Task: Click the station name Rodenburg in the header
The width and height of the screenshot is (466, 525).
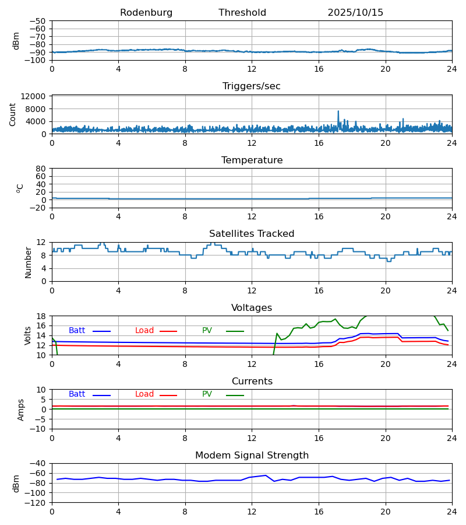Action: click(146, 13)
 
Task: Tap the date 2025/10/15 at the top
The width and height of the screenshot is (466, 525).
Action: click(355, 13)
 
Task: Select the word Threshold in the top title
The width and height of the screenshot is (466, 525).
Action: click(242, 13)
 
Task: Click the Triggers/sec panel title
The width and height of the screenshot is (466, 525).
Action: click(252, 86)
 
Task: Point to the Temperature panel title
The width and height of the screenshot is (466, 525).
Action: click(252, 160)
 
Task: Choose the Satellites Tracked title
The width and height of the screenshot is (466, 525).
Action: click(252, 234)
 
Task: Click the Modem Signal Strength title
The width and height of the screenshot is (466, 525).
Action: click(252, 456)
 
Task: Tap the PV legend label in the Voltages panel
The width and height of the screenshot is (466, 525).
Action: click(207, 331)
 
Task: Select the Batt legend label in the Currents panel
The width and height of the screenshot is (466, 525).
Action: click(77, 394)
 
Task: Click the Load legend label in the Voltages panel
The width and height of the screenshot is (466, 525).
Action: click(144, 331)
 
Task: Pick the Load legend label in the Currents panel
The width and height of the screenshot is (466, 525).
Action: click(144, 394)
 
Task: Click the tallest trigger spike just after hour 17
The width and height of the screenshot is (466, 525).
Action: click(338, 111)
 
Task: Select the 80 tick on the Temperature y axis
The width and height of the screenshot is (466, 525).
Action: click(41, 169)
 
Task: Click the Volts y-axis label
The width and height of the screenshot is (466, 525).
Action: click(29, 335)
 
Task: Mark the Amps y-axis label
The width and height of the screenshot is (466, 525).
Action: click(22, 409)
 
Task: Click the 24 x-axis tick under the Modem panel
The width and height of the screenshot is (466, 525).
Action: click(451, 512)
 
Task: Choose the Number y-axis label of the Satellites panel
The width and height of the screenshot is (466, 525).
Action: click(29, 262)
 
